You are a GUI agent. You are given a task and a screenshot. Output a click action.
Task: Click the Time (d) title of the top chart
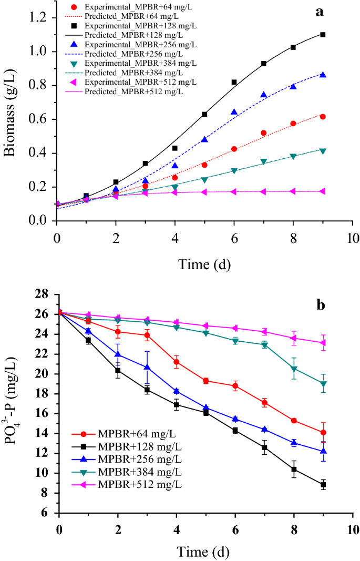pos(204,263)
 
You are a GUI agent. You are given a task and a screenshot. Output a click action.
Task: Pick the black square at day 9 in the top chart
pos(323,35)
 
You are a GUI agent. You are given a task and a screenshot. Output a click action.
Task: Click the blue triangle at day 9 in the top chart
pos(323,75)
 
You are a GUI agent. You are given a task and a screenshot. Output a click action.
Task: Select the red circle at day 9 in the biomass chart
pos(323,117)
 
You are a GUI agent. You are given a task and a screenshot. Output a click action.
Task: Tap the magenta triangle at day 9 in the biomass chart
pos(323,191)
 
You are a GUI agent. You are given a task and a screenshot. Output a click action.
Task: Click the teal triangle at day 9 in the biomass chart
pos(323,151)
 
